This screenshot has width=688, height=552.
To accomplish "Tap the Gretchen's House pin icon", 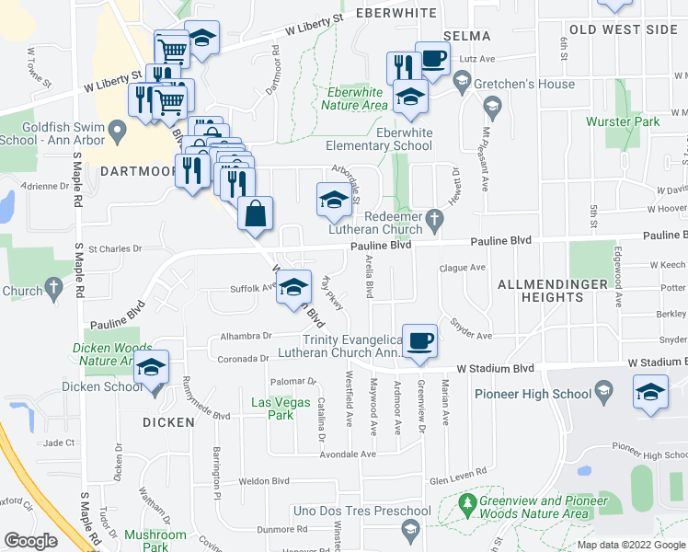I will click(x=462, y=85).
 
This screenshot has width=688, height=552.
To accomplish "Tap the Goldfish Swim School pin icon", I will click(x=117, y=134).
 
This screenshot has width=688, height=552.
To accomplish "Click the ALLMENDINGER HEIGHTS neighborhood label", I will click(x=553, y=284).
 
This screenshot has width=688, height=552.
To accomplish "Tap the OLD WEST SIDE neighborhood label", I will click(x=623, y=29).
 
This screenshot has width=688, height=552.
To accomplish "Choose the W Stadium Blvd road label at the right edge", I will click(x=658, y=364).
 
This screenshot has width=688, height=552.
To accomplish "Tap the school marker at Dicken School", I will click(x=150, y=370).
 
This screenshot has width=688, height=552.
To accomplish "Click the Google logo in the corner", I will click(x=30, y=541).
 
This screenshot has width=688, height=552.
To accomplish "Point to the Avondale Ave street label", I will click(x=348, y=454).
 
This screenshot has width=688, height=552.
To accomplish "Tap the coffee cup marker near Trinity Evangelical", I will click(x=420, y=341).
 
